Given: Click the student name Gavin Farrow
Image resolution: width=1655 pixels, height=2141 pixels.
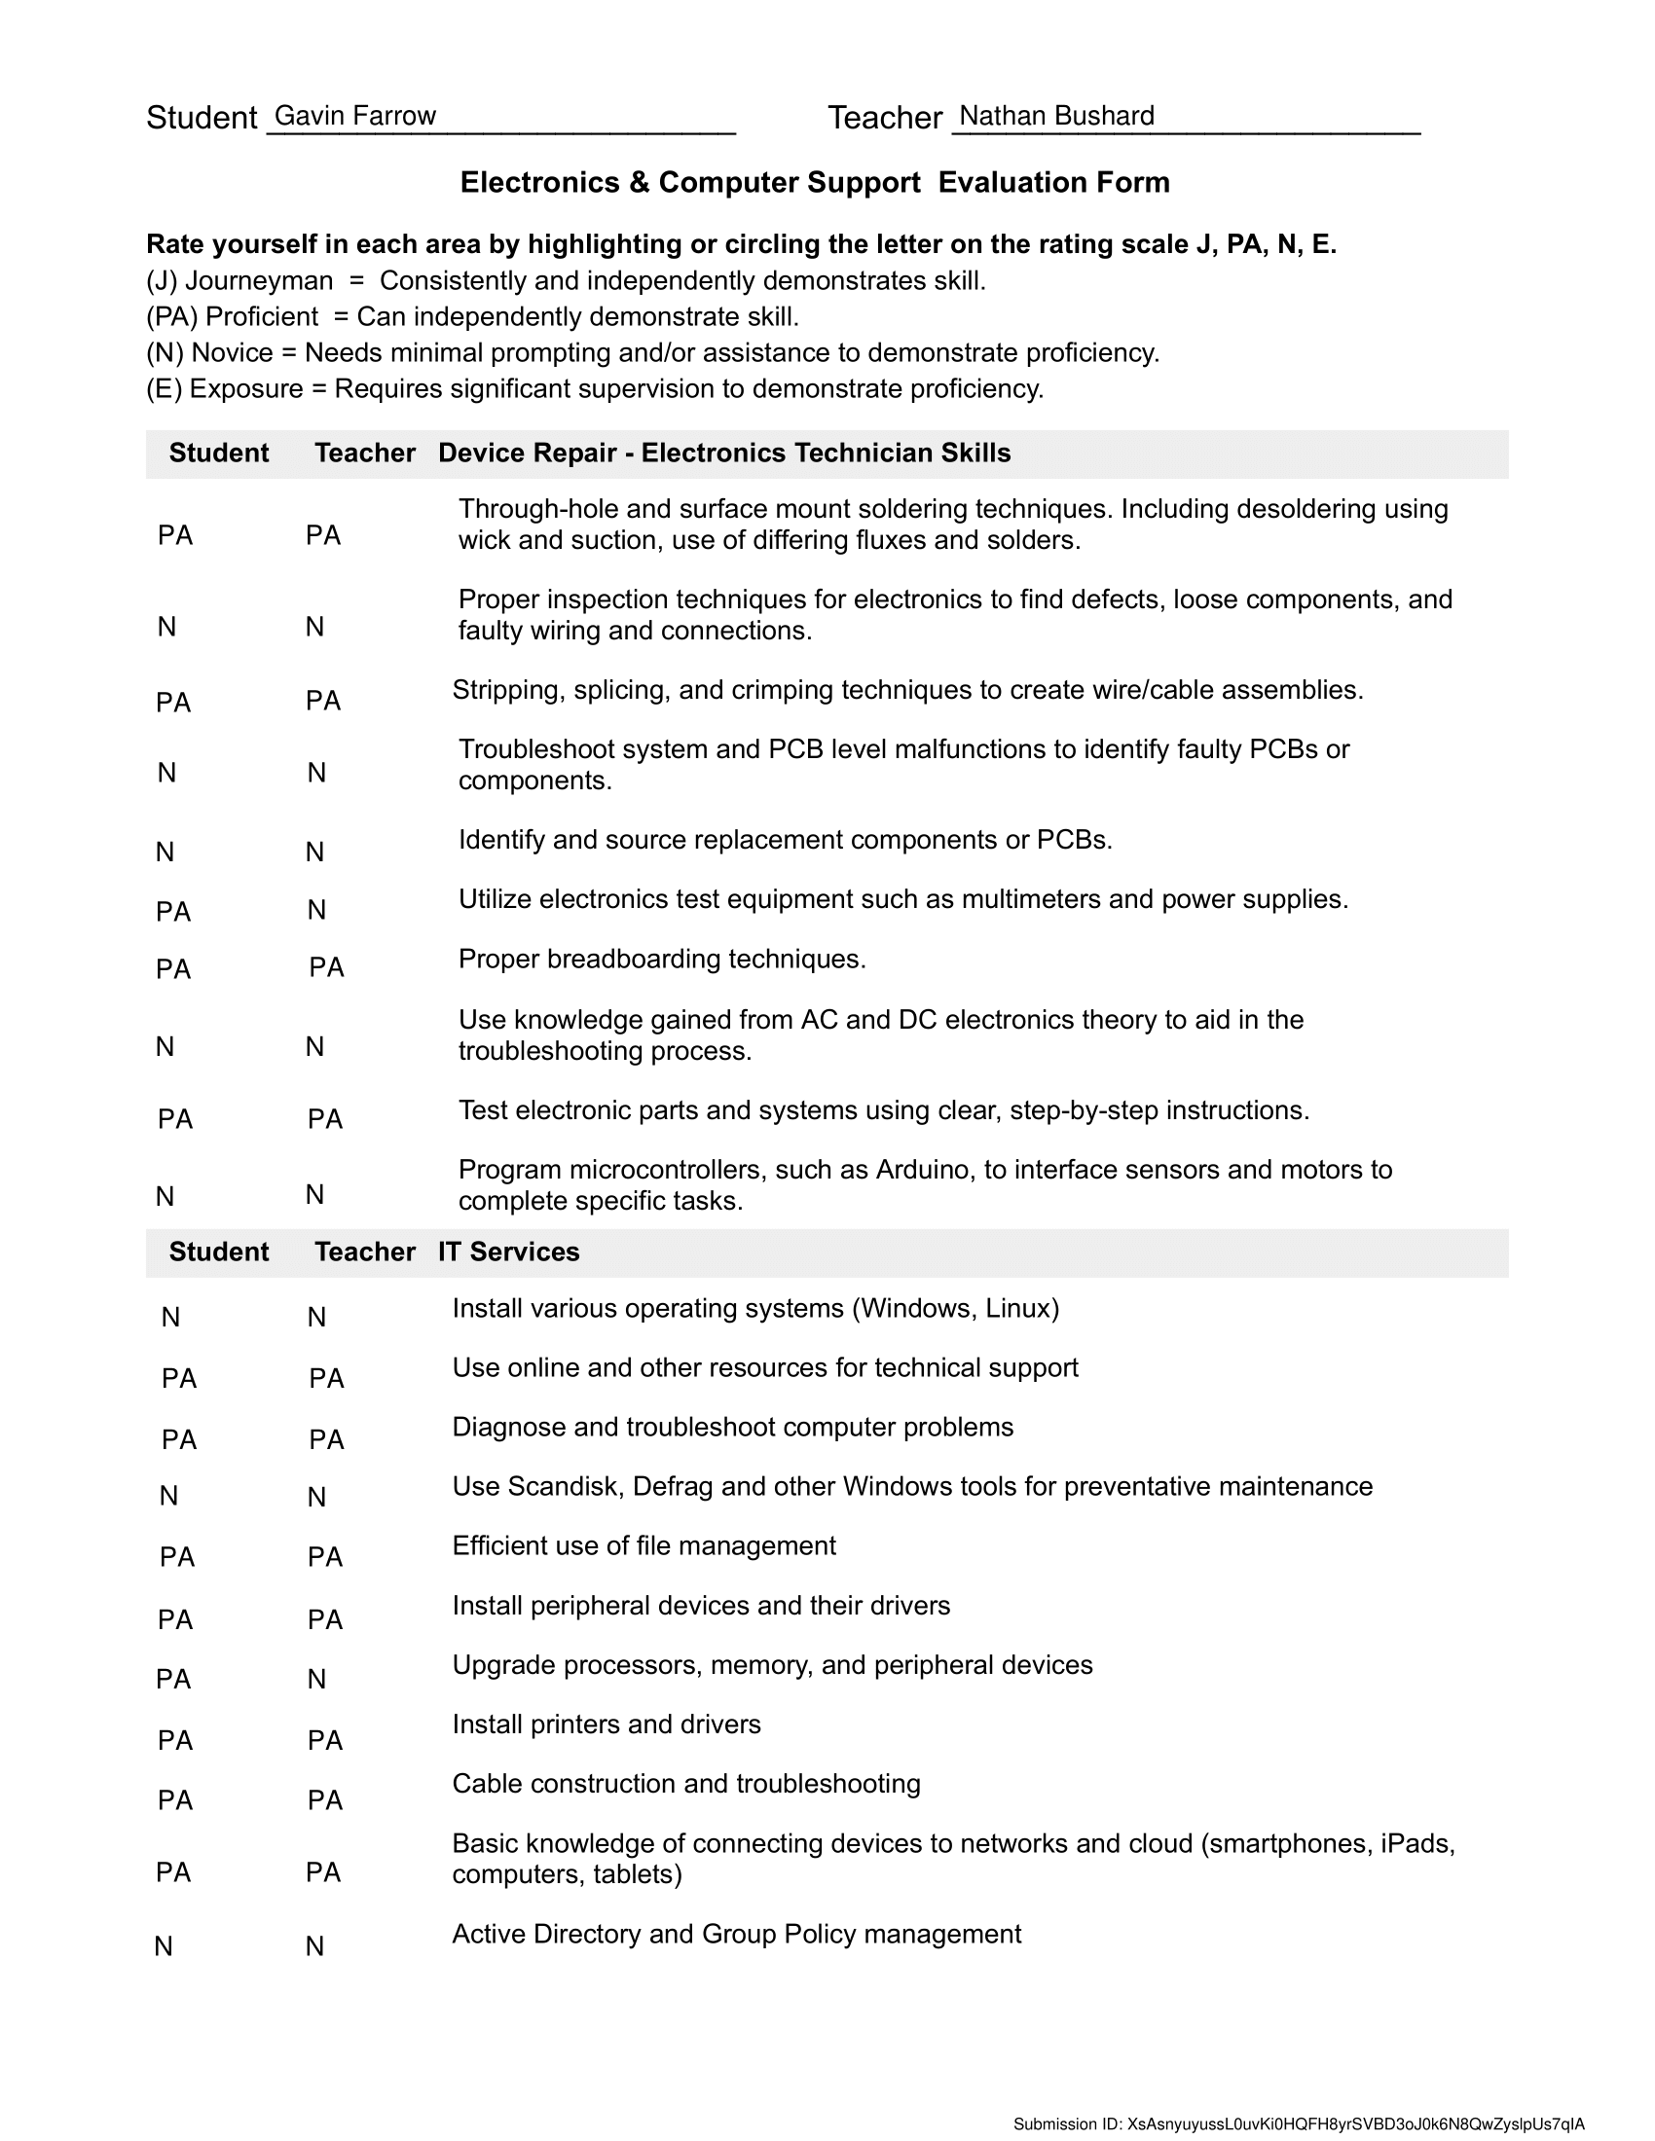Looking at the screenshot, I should click(x=355, y=116).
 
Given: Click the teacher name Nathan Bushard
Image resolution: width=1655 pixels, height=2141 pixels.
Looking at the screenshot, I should click(x=1056, y=116).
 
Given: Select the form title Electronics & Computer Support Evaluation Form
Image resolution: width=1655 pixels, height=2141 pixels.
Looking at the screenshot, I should click(x=815, y=182).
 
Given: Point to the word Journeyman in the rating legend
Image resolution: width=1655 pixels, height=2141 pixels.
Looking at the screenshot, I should click(x=259, y=281).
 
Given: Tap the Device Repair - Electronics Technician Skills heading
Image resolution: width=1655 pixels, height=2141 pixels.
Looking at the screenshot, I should click(x=723, y=453).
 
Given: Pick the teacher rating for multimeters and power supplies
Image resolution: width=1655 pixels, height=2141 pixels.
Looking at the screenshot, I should click(x=315, y=911).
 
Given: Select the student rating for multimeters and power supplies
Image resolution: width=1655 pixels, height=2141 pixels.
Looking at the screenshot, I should click(x=173, y=912).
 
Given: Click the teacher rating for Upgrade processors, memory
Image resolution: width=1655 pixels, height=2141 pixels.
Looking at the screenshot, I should click(x=315, y=1680).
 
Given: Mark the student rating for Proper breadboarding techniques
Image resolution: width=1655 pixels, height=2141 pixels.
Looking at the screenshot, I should click(x=173, y=969).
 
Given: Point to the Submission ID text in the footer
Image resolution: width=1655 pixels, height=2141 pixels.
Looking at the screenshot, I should click(x=1298, y=2124).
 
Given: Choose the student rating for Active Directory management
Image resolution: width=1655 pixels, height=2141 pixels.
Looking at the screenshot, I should click(x=164, y=1946).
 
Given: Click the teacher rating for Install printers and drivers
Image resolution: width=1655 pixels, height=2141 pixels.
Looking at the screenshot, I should click(x=324, y=1740).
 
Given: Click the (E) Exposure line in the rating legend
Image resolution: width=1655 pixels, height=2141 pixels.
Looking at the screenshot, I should click(x=594, y=389).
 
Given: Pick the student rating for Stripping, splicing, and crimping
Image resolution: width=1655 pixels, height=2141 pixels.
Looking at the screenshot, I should click(x=173, y=703).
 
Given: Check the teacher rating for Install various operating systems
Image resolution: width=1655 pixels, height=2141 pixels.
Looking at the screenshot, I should click(x=315, y=1318).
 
